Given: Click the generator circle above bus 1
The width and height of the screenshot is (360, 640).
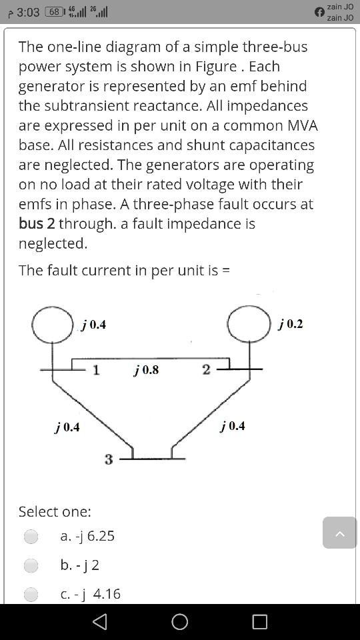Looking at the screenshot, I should click(x=53, y=325).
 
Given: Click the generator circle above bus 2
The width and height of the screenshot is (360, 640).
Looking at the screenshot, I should click(x=249, y=324).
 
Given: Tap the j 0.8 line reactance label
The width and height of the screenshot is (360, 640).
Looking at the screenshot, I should click(x=146, y=369).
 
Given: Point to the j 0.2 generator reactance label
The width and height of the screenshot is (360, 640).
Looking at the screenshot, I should click(x=291, y=324).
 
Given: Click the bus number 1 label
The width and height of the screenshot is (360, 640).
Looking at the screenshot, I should click(x=96, y=370).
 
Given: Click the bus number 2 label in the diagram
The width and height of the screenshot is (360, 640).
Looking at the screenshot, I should click(x=206, y=369).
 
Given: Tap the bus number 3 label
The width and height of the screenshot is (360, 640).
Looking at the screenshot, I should click(x=109, y=459).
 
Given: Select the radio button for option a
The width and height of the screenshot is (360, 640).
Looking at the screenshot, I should click(x=31, y=536).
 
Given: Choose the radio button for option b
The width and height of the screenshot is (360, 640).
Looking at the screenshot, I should click(x=31, y=565).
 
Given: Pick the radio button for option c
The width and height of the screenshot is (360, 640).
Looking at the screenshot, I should click(x=31, y=594).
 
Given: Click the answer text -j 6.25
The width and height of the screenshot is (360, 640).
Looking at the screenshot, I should click(x=87, y=536).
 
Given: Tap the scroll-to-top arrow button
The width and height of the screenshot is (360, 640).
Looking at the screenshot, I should click(x=340, y=533).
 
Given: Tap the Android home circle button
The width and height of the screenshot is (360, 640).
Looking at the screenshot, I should click(x=180, y=621).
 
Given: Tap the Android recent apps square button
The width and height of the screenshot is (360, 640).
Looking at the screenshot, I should click(x=259, y=621).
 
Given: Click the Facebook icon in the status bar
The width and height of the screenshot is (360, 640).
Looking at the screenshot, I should click(x=319, y=12).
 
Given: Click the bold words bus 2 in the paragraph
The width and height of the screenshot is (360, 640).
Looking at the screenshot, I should click(x=37, y=223).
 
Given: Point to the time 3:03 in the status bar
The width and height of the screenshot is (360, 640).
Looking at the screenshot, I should click(x=28, y=13).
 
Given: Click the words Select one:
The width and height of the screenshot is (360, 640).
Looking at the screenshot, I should click(x=55, y=511).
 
